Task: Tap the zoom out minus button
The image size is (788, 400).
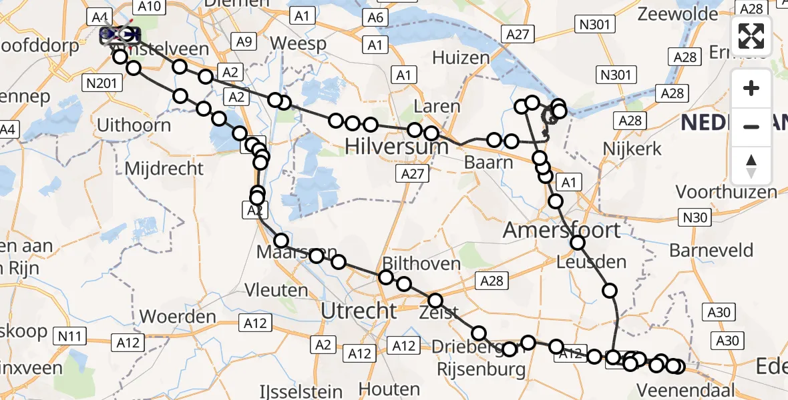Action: [751, 126]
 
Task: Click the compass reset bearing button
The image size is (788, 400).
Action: [751, 165]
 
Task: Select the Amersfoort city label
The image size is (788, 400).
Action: [562, 231]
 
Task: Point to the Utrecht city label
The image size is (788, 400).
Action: [359, 311]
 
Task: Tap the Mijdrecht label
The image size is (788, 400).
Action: [164, 168]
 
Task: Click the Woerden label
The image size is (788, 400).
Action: [178, 316]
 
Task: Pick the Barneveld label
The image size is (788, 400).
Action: [711, 251]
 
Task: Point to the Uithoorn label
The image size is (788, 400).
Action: [134, 125]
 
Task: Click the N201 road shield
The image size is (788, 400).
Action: [102, 83]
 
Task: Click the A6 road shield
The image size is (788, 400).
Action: [376, 18]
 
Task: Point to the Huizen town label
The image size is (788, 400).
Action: [461, 57]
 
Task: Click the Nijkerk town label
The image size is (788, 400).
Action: [631, 148]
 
